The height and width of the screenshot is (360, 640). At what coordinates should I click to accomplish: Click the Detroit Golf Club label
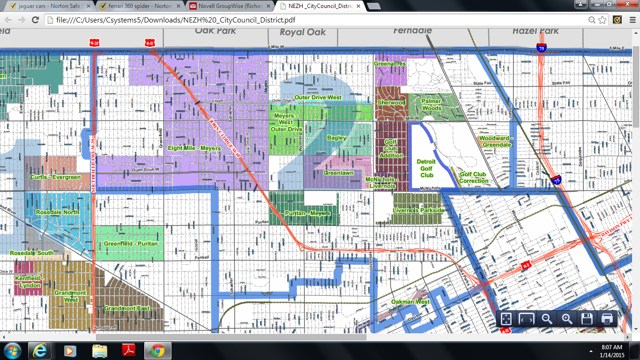click(x=427, y=168)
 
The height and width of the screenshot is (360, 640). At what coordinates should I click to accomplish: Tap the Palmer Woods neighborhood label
click(x=432, y=105)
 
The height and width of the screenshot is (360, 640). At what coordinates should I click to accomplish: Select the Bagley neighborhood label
click(x=337, y=138)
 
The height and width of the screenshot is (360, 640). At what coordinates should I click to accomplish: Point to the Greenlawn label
click(x=338, y=172)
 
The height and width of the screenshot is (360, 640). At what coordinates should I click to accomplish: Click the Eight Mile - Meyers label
click(x=194, y=148)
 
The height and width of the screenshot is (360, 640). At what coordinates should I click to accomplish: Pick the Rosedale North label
click(x=57, y=212)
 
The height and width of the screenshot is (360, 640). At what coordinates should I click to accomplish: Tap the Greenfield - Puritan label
click(x=131, y=244)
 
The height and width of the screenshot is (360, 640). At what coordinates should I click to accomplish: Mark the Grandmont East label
click(x=127, y=308)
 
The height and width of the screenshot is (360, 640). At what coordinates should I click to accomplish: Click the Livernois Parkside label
click(x=418, y=210)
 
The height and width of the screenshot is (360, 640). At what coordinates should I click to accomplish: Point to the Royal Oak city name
click(x=303, y=32)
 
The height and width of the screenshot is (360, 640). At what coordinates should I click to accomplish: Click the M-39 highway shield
click(x=94, y=43)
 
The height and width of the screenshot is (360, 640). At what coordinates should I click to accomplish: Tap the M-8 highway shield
click(x=526, y=266)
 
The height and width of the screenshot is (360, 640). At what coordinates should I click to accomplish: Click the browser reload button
click(x=35, y=20)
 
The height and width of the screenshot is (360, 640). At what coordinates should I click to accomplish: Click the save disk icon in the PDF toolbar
click(x=587, y=319)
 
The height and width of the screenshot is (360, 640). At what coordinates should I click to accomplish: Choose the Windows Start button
click(x=13, y=350)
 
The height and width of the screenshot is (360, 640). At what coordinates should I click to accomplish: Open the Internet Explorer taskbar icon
click(x=40, y=350)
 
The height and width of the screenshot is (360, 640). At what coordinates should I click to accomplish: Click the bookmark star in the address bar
click(x=603, y=20)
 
